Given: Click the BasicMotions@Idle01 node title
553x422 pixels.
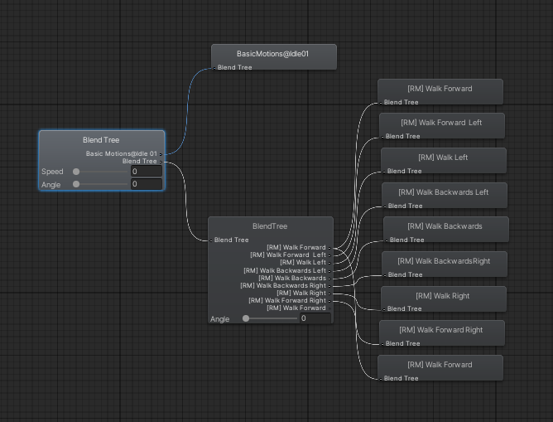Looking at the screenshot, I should (x=273, y=54).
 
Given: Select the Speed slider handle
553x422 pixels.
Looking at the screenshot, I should (x=77, y=172).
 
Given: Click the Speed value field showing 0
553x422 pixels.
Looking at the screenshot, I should (x=146, y=172).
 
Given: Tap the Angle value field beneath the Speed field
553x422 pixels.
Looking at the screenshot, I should (x=146, y=184).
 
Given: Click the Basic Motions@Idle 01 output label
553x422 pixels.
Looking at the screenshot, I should (x=121, y=153).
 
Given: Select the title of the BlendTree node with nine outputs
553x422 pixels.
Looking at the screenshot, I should (x=270, y=226).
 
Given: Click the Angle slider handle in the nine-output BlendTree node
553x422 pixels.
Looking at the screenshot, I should (x=246, y=318).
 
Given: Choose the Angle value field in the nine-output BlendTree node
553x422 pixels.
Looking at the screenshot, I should (x=315, y=318).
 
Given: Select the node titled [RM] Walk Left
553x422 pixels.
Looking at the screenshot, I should (x=443, y=158).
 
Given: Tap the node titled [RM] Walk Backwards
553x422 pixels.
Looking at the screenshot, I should (x=445, y=226).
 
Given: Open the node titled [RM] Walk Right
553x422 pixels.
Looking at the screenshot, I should (x=442, y=296).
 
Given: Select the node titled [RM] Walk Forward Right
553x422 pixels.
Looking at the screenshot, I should (x=440, y=330).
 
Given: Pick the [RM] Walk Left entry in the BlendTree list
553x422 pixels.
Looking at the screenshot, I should (x=303, y=262).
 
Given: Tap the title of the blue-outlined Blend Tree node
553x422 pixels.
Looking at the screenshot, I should (x=101, y=141).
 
